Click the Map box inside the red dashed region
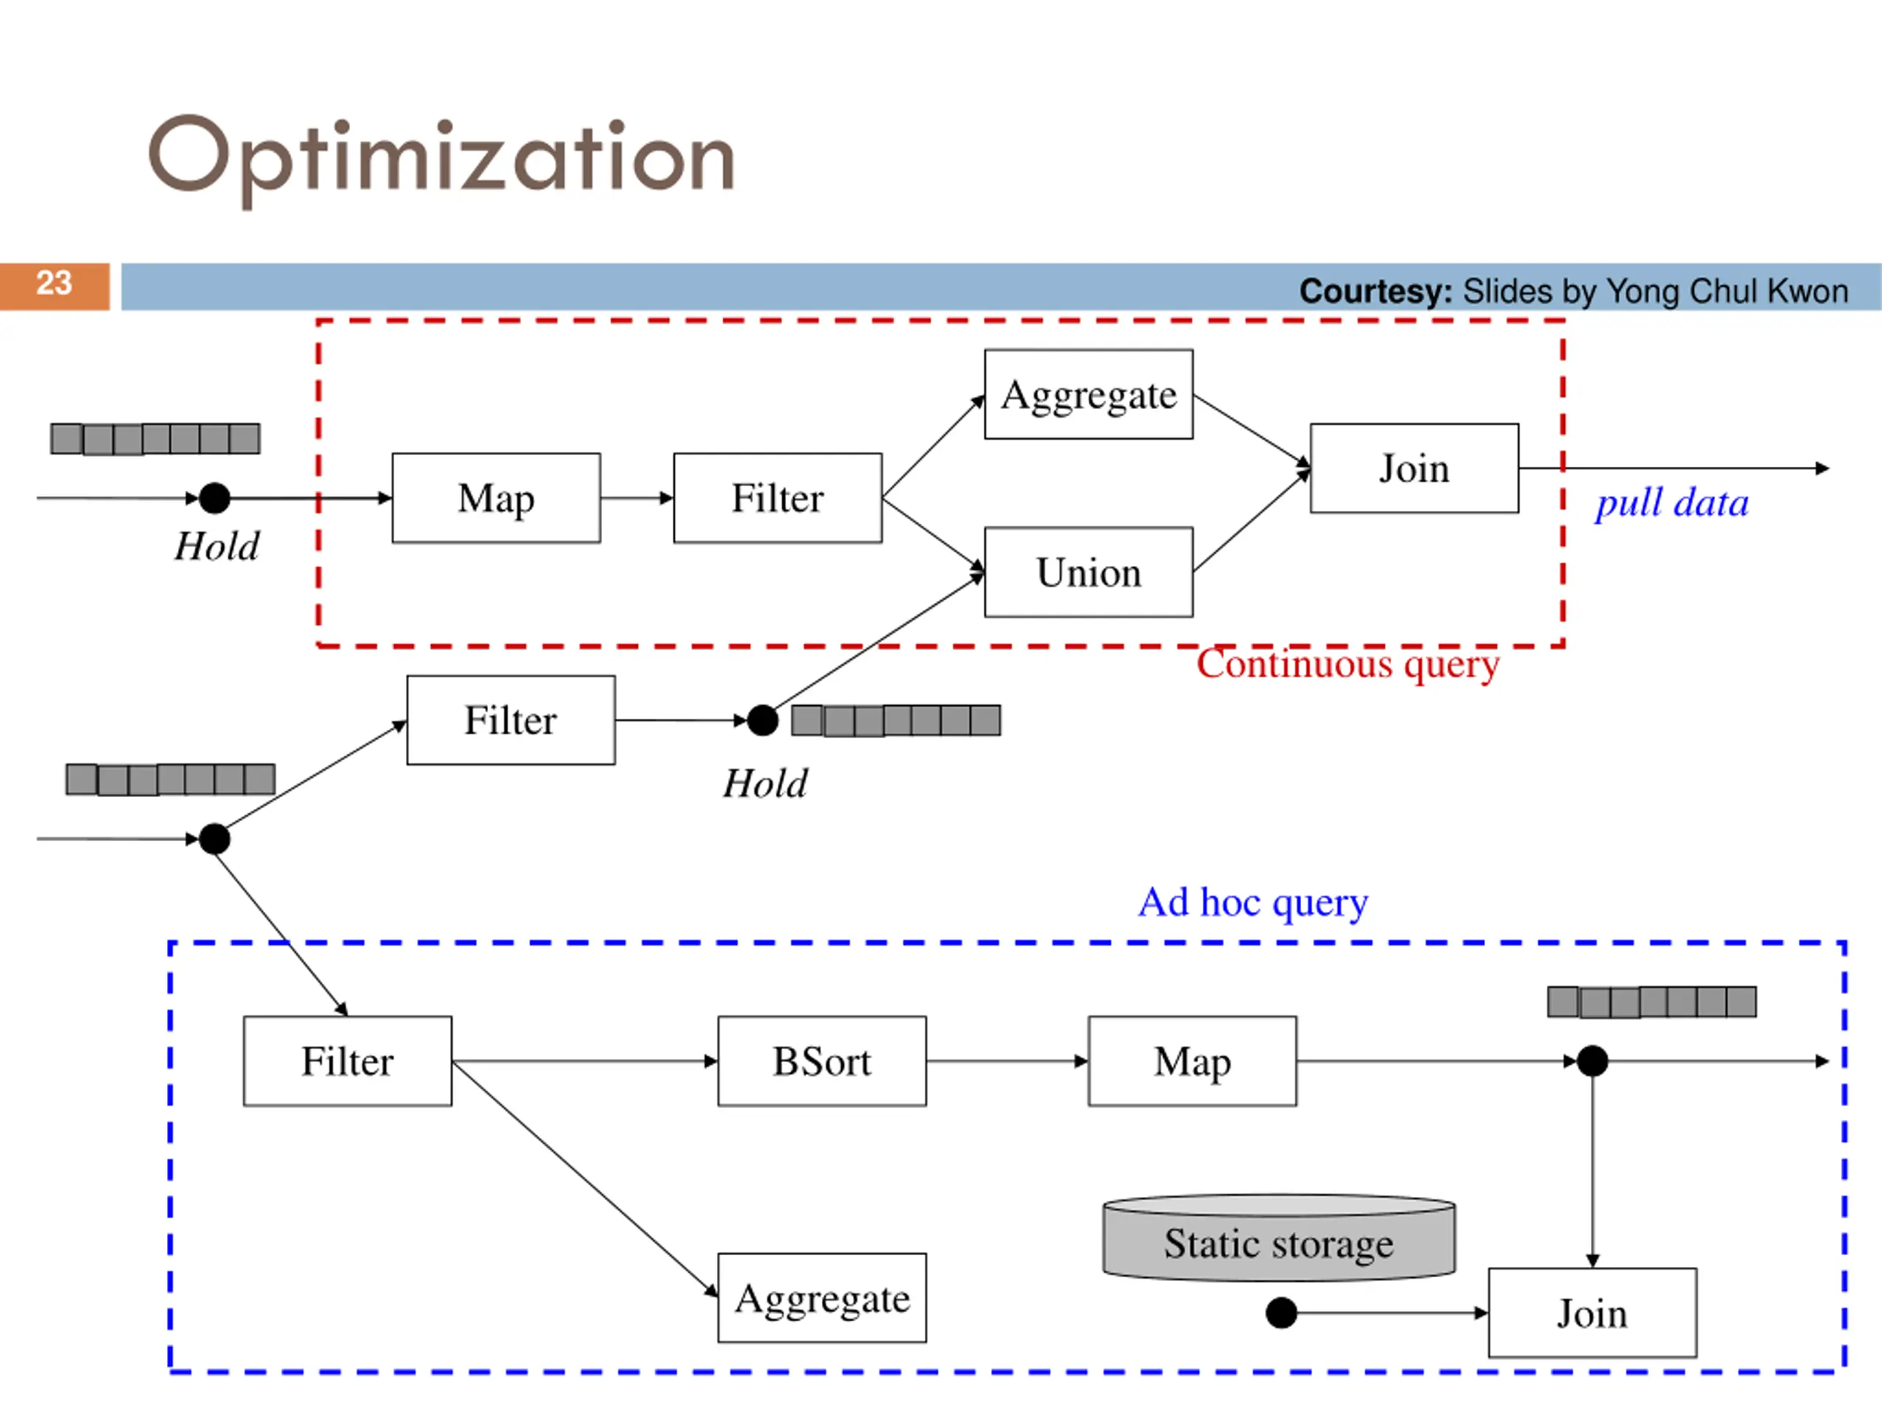point(496,498)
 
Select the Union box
point(1088,572)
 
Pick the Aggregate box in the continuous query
point(1088,394)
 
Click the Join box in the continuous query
point(1414,468)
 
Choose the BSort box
point(822,1060)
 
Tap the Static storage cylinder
point(1278,1237)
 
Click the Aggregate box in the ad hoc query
point(822,1298)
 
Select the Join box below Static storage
point(1592,1312)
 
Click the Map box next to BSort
point(1192,1060)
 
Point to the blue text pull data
point(1672,504)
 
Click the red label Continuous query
point(1348,665)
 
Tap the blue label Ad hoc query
point(1253,903)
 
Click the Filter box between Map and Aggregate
point(778,498)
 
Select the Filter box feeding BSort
point(347,1060)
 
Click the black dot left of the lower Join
point(1281,1312)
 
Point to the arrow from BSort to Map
point(1007,1061)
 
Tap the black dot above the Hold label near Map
point(215,498)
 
